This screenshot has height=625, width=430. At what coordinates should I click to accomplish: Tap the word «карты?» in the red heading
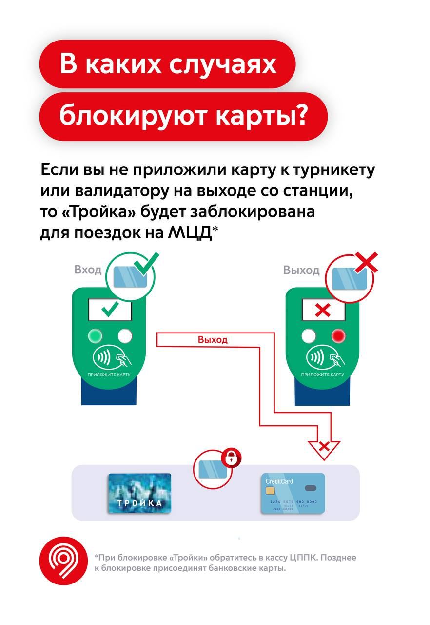coord(260,115)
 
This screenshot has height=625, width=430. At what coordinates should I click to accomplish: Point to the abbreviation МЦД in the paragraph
coord(189,232)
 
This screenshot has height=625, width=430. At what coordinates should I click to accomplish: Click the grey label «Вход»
coord(88,270)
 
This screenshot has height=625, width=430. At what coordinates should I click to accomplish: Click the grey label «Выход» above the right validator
coord(301,270)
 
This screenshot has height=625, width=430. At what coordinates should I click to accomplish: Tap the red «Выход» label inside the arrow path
coord(213,339)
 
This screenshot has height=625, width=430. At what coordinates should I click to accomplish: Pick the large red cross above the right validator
coord(366,263)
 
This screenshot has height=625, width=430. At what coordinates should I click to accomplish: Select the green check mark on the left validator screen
coord(110,310)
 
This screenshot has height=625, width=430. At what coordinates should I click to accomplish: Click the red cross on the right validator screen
coord(323,310)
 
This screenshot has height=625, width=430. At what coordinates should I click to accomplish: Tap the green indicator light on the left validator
coord(95,335)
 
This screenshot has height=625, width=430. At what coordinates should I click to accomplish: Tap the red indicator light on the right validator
coord(338,335)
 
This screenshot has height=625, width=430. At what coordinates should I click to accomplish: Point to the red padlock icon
coord(231,458)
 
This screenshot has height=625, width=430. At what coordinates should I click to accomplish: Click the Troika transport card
coord(139,493)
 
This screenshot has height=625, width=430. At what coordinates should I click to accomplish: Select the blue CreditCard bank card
coord(293,493)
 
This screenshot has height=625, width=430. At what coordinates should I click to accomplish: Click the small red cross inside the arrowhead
coord(324,447)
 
